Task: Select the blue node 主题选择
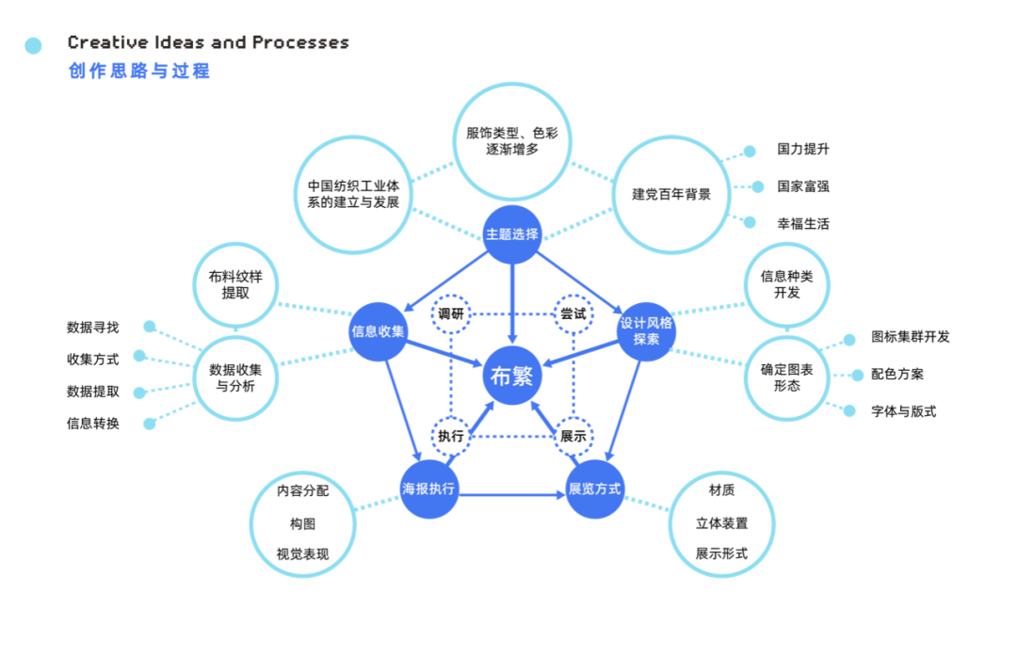[x=511, y=233]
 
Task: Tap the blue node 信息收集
[x=379, y=331]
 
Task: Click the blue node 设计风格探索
[x=646, y=330]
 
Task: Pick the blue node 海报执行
[x=429, y=489]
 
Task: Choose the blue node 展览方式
[x=595, y=489]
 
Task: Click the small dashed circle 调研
[x=451, y=313]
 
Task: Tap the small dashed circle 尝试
[x=573, y=313]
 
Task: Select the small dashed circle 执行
[x=451, y=436]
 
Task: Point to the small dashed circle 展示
[x=573, y=436]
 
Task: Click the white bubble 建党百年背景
[x=671, y=195]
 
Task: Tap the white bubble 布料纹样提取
[x=235, y=285]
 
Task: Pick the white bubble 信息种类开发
[x=786, y=285]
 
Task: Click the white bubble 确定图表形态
[x=786, y=377]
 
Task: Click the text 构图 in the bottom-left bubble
[x=302, y=522]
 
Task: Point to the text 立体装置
[x=721, y=522]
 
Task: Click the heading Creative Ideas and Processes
[x=208, y=43]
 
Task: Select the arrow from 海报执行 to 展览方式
[x=512, y=493]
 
